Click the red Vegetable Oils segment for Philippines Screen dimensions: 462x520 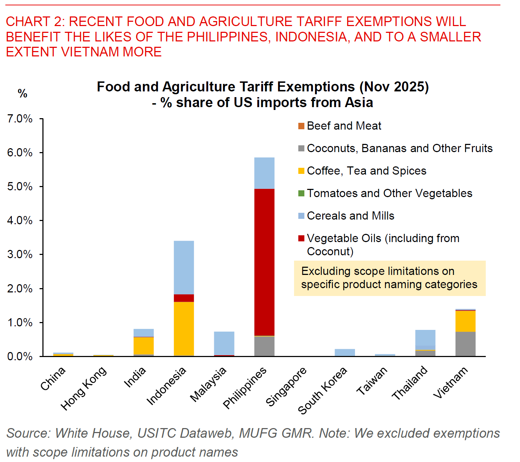pyautogui.click(x=264, y=262)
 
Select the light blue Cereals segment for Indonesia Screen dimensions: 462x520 pyautogui.click(x=184, y=267)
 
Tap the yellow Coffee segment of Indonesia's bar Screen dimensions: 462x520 pyautogui.click(x=184, y=328)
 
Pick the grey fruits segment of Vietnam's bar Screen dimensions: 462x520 pyautogui.click(x=465, y=344)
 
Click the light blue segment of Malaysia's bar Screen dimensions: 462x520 pyautogui.click(x=224, y=343)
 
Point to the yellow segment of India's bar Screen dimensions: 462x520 pyautogui.click(x=144, y=346)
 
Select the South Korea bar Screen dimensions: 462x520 pyautogui.click(x=345, y=352)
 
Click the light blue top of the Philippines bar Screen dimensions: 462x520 pyautogui.click(x=264, y=173)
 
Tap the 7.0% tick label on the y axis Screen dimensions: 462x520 pyautogui.click(x=20, y=119)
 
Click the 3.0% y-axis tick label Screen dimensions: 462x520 pyautogui.click(x=20, y=255)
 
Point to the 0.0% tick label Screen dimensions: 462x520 pyautogui.click(x=20, y=356)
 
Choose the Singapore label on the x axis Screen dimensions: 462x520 pyautogui.click(x=286, y=387)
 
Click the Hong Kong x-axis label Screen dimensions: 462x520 pyautogui.click(x=83, y=388)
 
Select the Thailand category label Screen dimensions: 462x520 pyautogui.click(x=410, y=383)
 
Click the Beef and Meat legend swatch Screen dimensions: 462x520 pyautogui.click(x=301, y=126)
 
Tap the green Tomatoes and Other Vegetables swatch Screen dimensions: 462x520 pyautogui.click(x=301, y=194)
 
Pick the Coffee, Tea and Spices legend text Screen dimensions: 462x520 pyautogui.click(x=366, y=171)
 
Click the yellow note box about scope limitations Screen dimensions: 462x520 pyautogui.click(x=389, y=278)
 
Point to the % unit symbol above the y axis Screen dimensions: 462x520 pyautogui.click(x=22, y=94)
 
